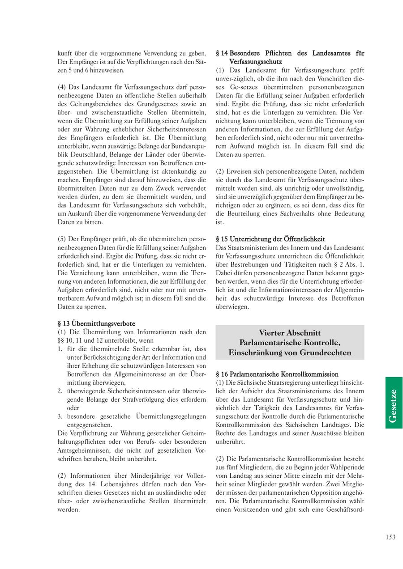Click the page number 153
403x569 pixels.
[x=390, y=537]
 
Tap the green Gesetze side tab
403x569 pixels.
[x=394, y=403]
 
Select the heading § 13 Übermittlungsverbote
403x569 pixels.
[x=97, y=323]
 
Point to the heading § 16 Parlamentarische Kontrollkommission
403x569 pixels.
[x=277, y=374]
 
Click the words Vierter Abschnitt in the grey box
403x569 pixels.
[x=290, y=333]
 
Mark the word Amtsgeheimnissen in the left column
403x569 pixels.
[x=84, y=450]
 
